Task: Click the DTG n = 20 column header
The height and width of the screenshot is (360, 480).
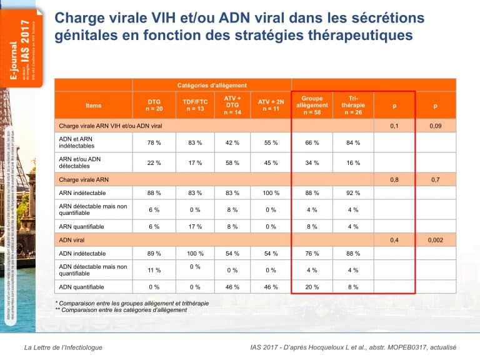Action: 154,105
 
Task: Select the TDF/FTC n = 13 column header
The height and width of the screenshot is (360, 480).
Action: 195,105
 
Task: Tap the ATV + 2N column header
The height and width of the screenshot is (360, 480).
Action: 271,105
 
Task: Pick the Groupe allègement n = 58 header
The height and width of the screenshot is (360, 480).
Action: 312,105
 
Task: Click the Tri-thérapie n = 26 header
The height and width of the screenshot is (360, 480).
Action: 353,105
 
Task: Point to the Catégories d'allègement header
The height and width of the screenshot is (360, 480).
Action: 212,85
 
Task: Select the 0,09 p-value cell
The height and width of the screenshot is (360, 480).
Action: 435,126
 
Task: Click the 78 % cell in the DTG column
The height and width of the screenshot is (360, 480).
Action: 154,142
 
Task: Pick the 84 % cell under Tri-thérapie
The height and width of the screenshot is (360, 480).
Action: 353,142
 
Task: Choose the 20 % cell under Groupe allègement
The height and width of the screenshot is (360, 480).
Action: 312,287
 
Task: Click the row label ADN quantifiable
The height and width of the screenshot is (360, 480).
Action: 81,287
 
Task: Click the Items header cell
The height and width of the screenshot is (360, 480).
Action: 93,105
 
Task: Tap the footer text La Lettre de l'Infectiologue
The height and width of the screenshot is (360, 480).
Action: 63,347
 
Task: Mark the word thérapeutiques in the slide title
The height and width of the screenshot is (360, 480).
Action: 362,35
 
